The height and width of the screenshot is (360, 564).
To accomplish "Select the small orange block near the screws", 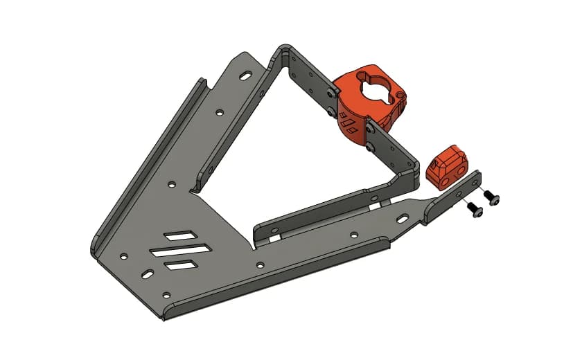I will click(x=447, y=166).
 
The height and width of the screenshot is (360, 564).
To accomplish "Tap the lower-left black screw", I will click(x=475, y=210).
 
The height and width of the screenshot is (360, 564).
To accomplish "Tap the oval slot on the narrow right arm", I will click(x=403, y=218).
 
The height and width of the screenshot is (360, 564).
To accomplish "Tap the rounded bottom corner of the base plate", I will click(x=165, y=315).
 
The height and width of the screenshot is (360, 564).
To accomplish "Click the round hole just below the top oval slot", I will click(x=219, y=111).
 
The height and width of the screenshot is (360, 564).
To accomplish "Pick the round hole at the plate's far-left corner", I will click(x=123, y=256).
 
